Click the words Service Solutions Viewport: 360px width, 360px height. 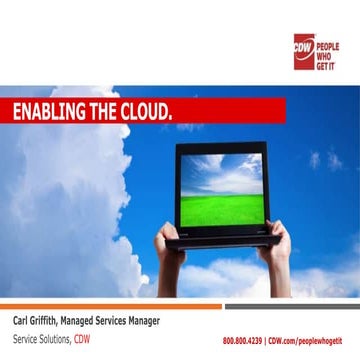point(41,339)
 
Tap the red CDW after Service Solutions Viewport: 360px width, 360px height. point(82,339)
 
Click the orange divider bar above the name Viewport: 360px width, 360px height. point(110,306)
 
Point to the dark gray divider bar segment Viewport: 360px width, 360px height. point(291,306)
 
